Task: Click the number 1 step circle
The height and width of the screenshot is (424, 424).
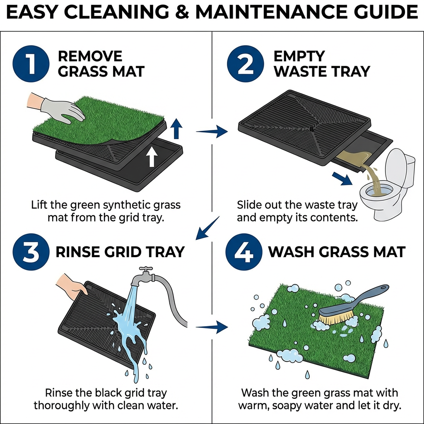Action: coord(31,64)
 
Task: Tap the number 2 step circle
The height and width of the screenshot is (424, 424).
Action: coord(245,64)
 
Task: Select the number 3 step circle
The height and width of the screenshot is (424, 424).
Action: coord(31,252)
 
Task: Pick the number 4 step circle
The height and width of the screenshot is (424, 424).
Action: coord(245,252)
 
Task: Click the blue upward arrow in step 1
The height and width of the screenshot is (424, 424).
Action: coord(177,129)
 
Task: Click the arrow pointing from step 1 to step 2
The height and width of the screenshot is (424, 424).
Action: coord(212,132)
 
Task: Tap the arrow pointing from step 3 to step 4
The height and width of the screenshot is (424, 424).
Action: coord(212,328)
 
